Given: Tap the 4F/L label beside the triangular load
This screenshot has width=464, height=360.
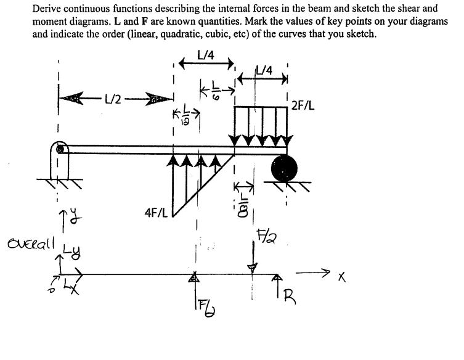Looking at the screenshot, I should [155, 211].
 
